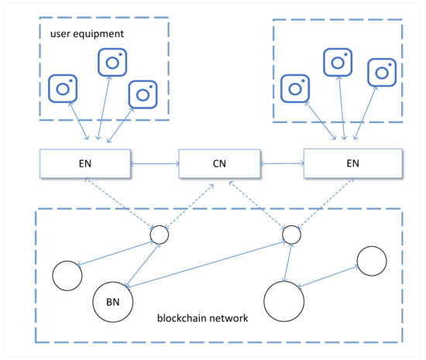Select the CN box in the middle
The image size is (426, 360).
(220, 165)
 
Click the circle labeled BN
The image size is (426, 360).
(112, 300)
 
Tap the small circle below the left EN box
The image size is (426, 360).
(159, 235)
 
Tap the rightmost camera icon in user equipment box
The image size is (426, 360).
(143, 94)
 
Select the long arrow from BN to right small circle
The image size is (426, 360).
(209, 268)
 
